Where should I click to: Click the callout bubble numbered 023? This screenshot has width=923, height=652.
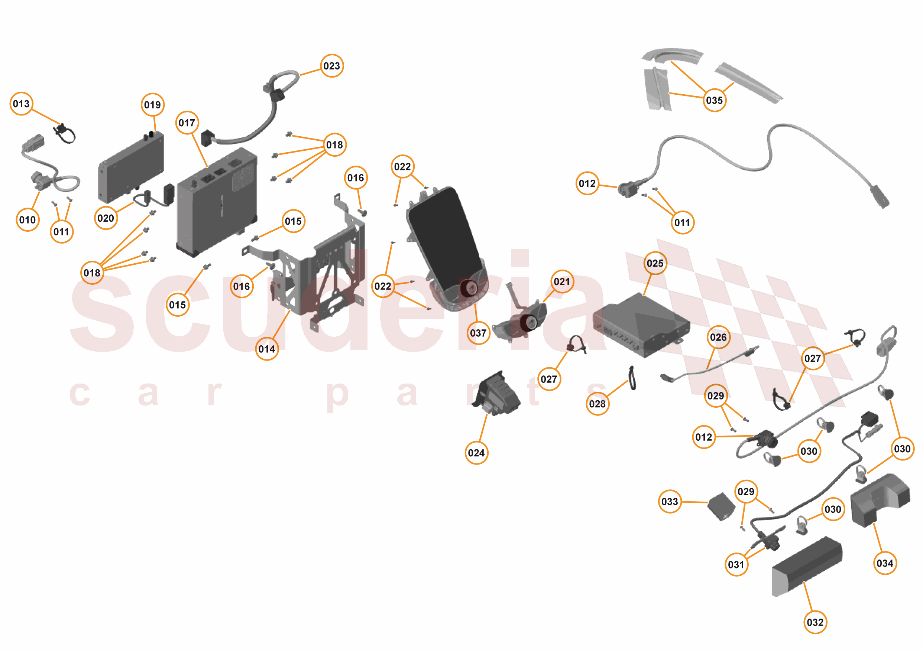click(332, 66)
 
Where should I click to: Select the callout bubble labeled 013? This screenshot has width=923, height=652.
click(21, 104)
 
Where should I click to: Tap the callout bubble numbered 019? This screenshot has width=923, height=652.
click(153, 105)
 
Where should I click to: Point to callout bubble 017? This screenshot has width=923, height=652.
click(187, 123)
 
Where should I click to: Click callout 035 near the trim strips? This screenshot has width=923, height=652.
click(715, 100)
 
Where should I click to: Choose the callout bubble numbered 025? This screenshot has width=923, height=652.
click(655, 264)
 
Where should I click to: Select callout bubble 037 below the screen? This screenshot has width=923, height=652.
click(478, 333)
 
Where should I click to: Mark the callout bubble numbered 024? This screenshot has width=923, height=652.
click(476, 453)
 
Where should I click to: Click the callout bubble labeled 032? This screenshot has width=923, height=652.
click(815, 622)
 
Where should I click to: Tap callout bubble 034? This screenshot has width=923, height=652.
click(885, 563)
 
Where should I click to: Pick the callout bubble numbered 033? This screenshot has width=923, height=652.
click(670, 502)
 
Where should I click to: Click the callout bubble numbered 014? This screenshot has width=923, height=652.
click(267, 349)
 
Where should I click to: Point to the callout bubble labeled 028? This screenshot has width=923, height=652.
click(597, 404)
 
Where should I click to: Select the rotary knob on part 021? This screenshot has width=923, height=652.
click(530, 322)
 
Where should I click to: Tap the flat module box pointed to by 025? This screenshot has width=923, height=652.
click(641, 325)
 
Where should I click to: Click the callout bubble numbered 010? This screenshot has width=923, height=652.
click(28, 220)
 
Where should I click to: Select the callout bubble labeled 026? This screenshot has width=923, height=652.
click(718, 337)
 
